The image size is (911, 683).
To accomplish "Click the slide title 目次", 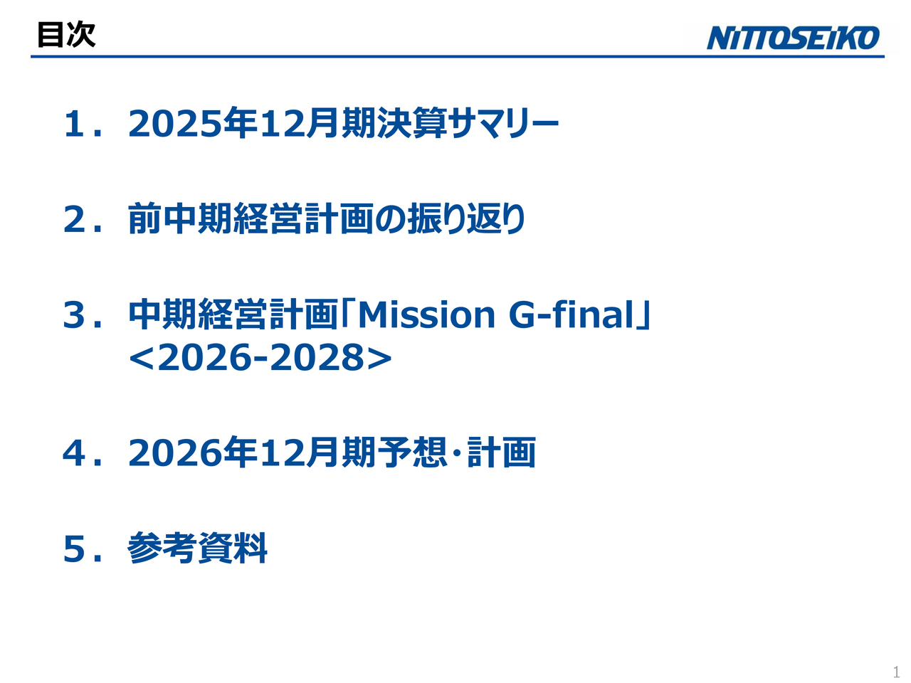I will (66, 34).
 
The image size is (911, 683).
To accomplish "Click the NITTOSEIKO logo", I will (793, 38).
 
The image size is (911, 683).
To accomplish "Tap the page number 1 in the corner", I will (896, 672).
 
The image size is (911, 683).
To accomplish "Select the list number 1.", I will (75, 125).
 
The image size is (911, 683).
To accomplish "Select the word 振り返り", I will (466, 218).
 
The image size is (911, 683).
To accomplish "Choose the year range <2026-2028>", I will (260, 357).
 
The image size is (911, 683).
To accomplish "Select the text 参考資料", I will (198, 548).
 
